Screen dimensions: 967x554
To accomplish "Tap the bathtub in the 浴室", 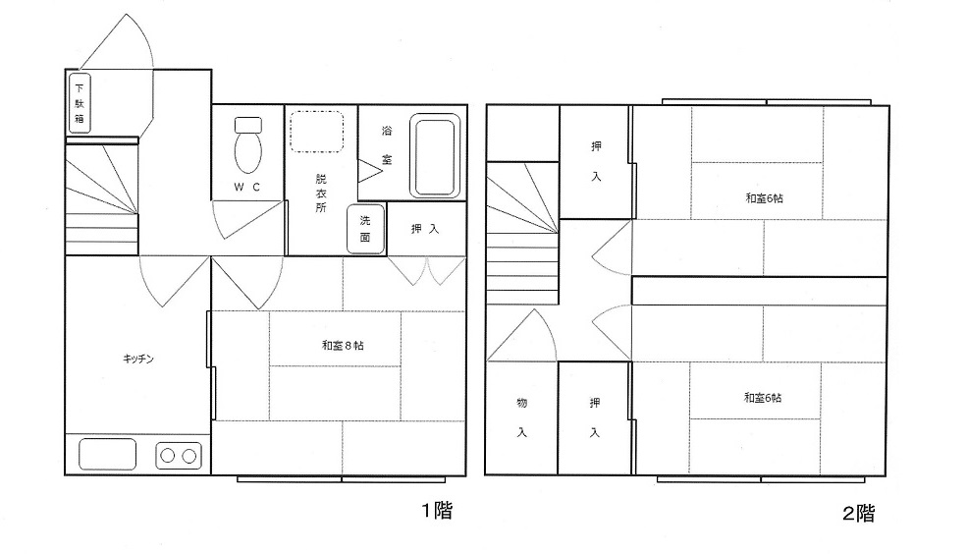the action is click(436, 156).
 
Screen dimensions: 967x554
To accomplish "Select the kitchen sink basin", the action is click(107, 454).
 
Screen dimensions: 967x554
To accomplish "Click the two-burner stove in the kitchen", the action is click(179, 456).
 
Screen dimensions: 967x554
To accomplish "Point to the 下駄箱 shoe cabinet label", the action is click(80, 103).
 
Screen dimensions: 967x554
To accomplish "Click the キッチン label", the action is click(137, 359).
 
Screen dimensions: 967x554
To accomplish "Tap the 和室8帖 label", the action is click(343, 346).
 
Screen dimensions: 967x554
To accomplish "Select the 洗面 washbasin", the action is click(365, 230).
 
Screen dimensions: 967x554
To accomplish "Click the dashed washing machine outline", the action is click(316, 132).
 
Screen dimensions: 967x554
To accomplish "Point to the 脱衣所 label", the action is click(321, 194).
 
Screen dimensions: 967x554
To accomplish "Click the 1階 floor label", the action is click(437, 510).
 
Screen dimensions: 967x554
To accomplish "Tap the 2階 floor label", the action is click(858, 514).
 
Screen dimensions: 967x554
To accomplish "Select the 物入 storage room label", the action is click(521, 417).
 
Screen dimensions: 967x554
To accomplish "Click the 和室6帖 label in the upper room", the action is click(764, 198).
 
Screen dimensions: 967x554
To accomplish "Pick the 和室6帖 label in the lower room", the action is click(762, 398).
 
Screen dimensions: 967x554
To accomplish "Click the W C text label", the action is click(246, 187).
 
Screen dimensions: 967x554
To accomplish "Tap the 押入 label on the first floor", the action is click(425, 229).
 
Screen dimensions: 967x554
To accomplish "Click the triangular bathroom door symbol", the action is click(370, 171).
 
